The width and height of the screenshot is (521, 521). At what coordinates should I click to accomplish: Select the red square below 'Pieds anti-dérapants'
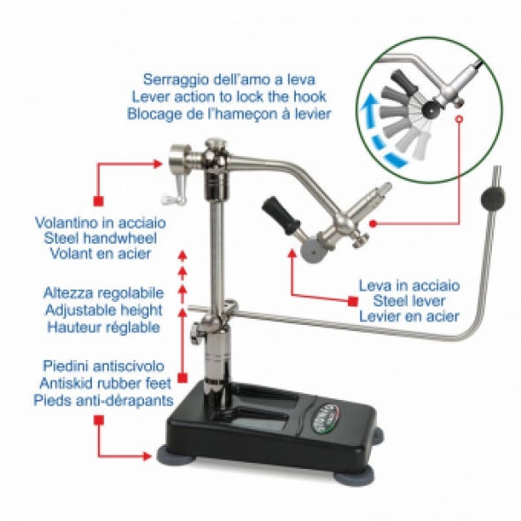98,422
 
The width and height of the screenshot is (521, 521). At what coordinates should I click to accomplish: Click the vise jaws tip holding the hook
385,187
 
